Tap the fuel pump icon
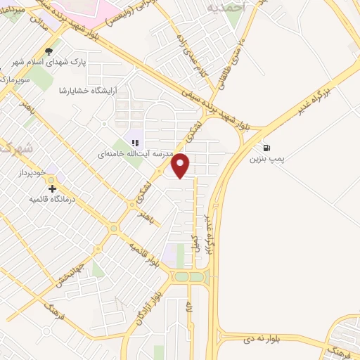pyautogui.click(x=266, y=148)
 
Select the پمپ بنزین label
pyautogui.click(x=267, y=159)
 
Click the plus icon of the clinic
pyautogui.click(x=51, y=188)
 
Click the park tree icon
pyautogui.click(x=49, y=51)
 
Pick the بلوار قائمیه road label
pyautogui.click(x=145, y=255)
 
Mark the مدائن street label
pyautogui.click(x=36, y=24)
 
